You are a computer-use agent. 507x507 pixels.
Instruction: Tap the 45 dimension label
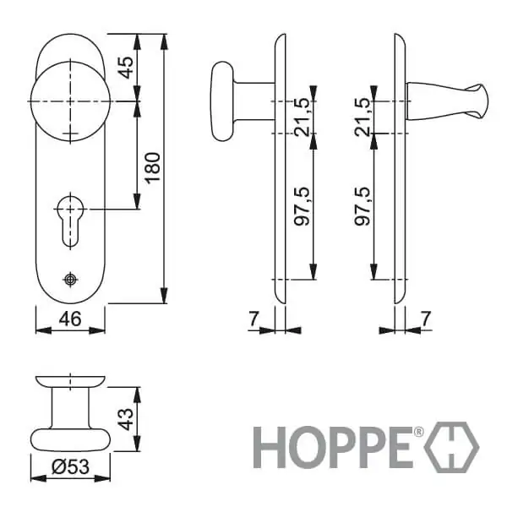125,68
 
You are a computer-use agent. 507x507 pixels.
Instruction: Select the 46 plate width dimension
70,319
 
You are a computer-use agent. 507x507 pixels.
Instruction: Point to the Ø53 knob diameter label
70,467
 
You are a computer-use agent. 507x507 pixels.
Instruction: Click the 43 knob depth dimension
125,419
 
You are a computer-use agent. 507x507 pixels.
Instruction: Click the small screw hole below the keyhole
70,280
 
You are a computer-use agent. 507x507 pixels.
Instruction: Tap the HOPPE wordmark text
332,447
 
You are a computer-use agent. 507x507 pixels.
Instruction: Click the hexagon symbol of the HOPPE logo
451,448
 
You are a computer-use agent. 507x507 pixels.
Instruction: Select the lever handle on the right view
447,101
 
